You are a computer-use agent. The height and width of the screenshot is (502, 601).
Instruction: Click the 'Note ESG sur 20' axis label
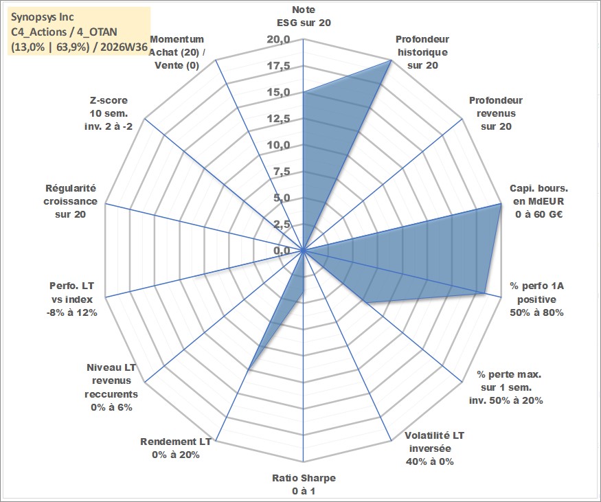(x=304, y=16)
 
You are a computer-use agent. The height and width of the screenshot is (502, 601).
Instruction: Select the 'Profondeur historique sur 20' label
(x=422, y=52)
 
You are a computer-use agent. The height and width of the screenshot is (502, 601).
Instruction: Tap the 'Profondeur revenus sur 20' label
(x=496, y=113)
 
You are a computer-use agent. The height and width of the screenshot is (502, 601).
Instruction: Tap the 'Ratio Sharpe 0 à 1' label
(x=304, y=484)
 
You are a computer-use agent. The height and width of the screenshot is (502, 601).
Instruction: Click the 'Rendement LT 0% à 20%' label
(x=176, y=448)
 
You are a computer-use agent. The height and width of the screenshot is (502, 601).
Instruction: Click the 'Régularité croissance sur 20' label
(x=70, y=201)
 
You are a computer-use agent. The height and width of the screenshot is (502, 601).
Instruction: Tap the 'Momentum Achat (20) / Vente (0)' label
(x=177, y=52)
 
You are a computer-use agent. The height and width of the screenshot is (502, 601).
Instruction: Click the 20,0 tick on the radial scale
(x=279, y=39)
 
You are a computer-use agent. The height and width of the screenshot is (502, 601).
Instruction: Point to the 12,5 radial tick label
(x=279, y=119)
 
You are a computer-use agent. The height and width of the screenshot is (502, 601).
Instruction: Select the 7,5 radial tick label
(x=282, y=172)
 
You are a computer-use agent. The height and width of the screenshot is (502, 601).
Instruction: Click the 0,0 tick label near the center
(x=282, y=251)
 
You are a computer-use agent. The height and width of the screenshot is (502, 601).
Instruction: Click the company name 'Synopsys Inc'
(x=43, y=17)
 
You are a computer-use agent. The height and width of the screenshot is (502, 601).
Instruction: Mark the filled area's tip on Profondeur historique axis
(x=391, y=60)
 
